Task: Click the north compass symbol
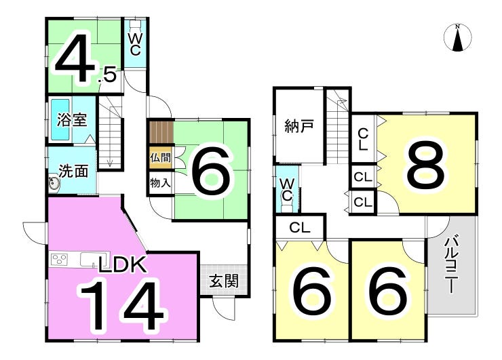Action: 459,37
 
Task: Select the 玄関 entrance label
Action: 224,281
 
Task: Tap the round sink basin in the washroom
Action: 54,184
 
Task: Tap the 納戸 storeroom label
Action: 299,126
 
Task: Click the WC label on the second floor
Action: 286,190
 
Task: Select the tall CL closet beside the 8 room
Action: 363,139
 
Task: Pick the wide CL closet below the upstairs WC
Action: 300,228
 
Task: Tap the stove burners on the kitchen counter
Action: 60,260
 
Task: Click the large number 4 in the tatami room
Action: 74,61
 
